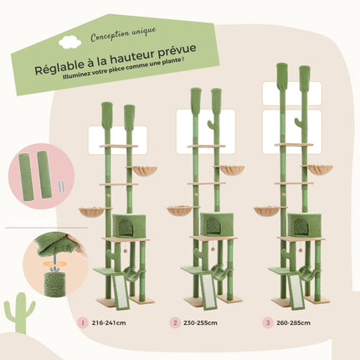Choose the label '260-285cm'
coord(296,321)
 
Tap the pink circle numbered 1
coord(83,321)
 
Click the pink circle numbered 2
coord(174,321)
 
